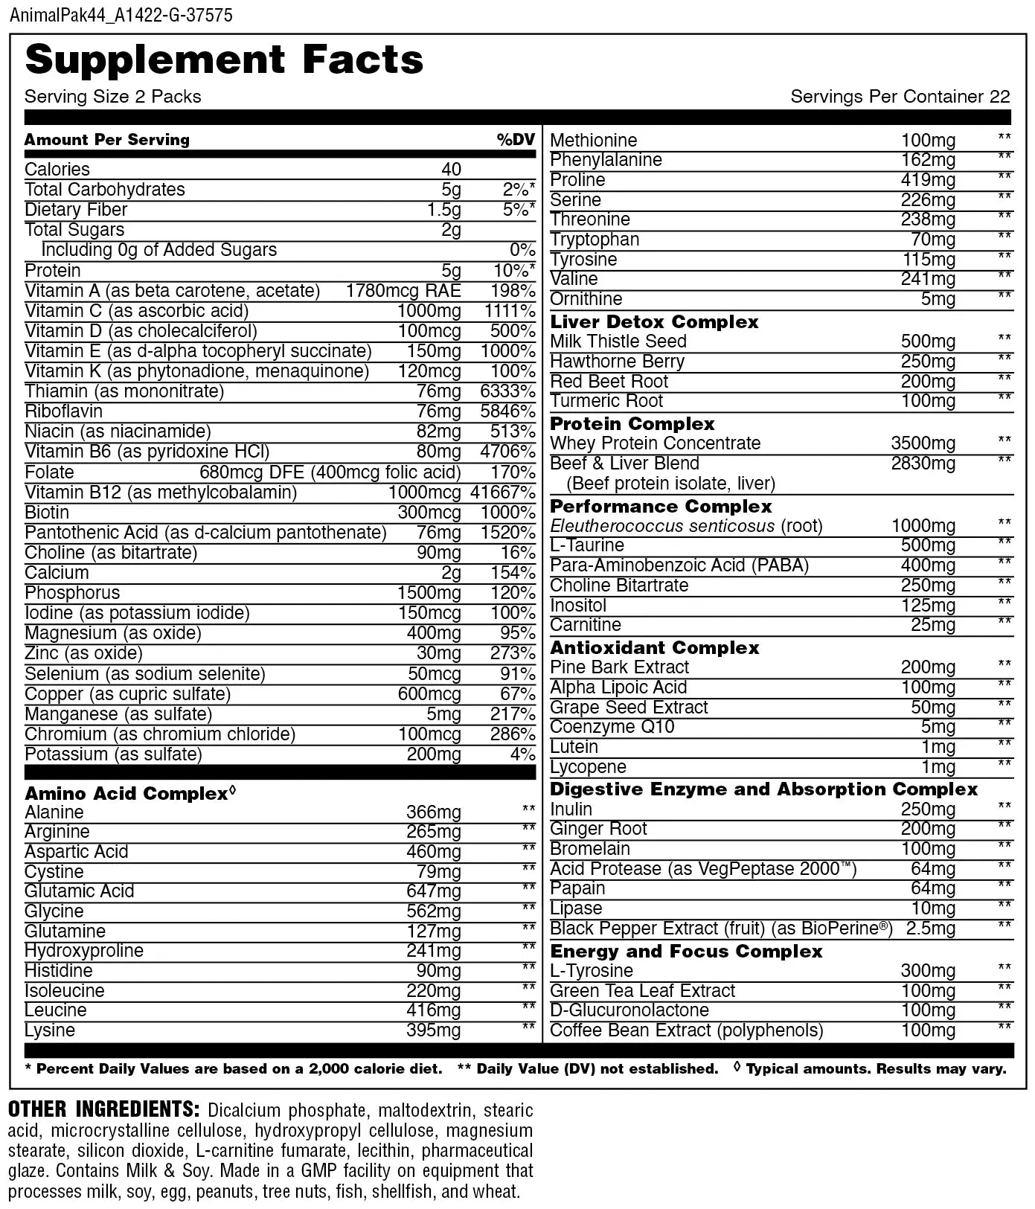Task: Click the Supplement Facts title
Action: point(224,60)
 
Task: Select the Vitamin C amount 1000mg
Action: point(429,311)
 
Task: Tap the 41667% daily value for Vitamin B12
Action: point(503,493)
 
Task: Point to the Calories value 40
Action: point(451,170)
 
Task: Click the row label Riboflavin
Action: point(64,411)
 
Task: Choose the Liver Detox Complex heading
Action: point(654,322)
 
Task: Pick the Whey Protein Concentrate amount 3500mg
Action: point(923,443)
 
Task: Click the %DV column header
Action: point(516,140)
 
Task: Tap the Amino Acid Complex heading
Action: point(126,794)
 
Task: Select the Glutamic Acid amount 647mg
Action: point(433,891)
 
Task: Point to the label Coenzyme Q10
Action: point(612,727)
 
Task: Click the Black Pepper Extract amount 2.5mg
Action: point(930,929)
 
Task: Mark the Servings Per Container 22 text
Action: point(900,97)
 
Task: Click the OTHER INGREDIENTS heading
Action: point(103,1109)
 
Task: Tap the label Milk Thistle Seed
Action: point(618,341)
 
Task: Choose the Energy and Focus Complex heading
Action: point(686,952)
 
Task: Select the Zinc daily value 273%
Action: point(517,653)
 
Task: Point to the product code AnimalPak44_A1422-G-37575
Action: point(121,15)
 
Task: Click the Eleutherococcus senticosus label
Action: point(662,526)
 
